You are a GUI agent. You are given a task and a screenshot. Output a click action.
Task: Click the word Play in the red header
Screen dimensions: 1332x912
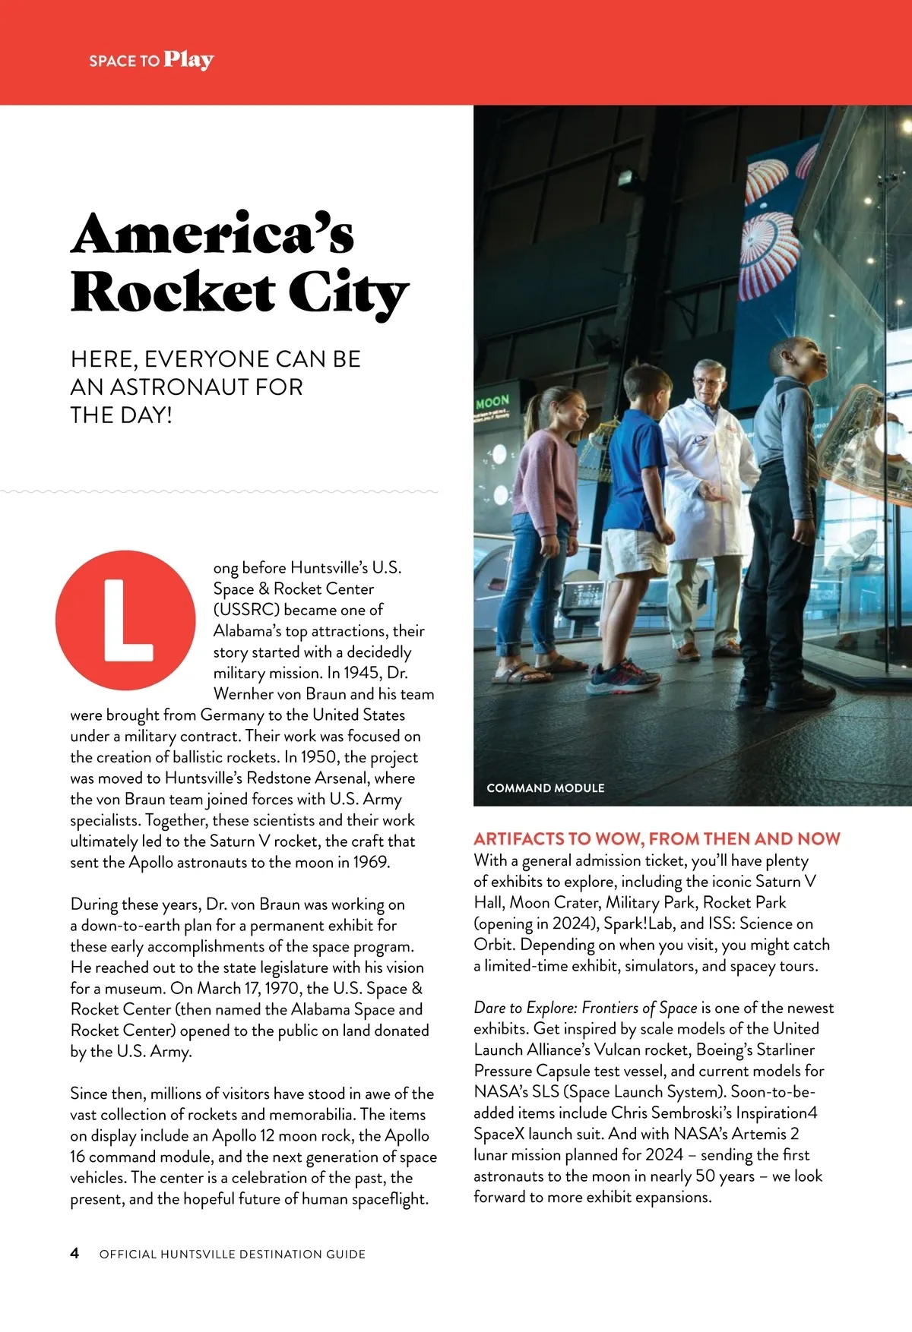point(188,60)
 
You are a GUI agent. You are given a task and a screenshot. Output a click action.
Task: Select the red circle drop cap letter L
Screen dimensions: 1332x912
point(126,620)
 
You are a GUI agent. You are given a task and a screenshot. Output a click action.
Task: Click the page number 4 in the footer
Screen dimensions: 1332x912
point(74,1253)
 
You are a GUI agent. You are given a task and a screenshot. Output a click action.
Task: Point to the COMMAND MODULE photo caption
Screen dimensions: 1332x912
point(545,788)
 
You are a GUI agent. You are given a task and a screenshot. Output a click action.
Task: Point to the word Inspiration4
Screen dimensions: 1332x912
point(776,1113)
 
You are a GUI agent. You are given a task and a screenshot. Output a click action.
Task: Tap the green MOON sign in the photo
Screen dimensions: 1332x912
point(492,402)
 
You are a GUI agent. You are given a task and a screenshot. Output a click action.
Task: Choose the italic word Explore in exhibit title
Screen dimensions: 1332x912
point(551,1008)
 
